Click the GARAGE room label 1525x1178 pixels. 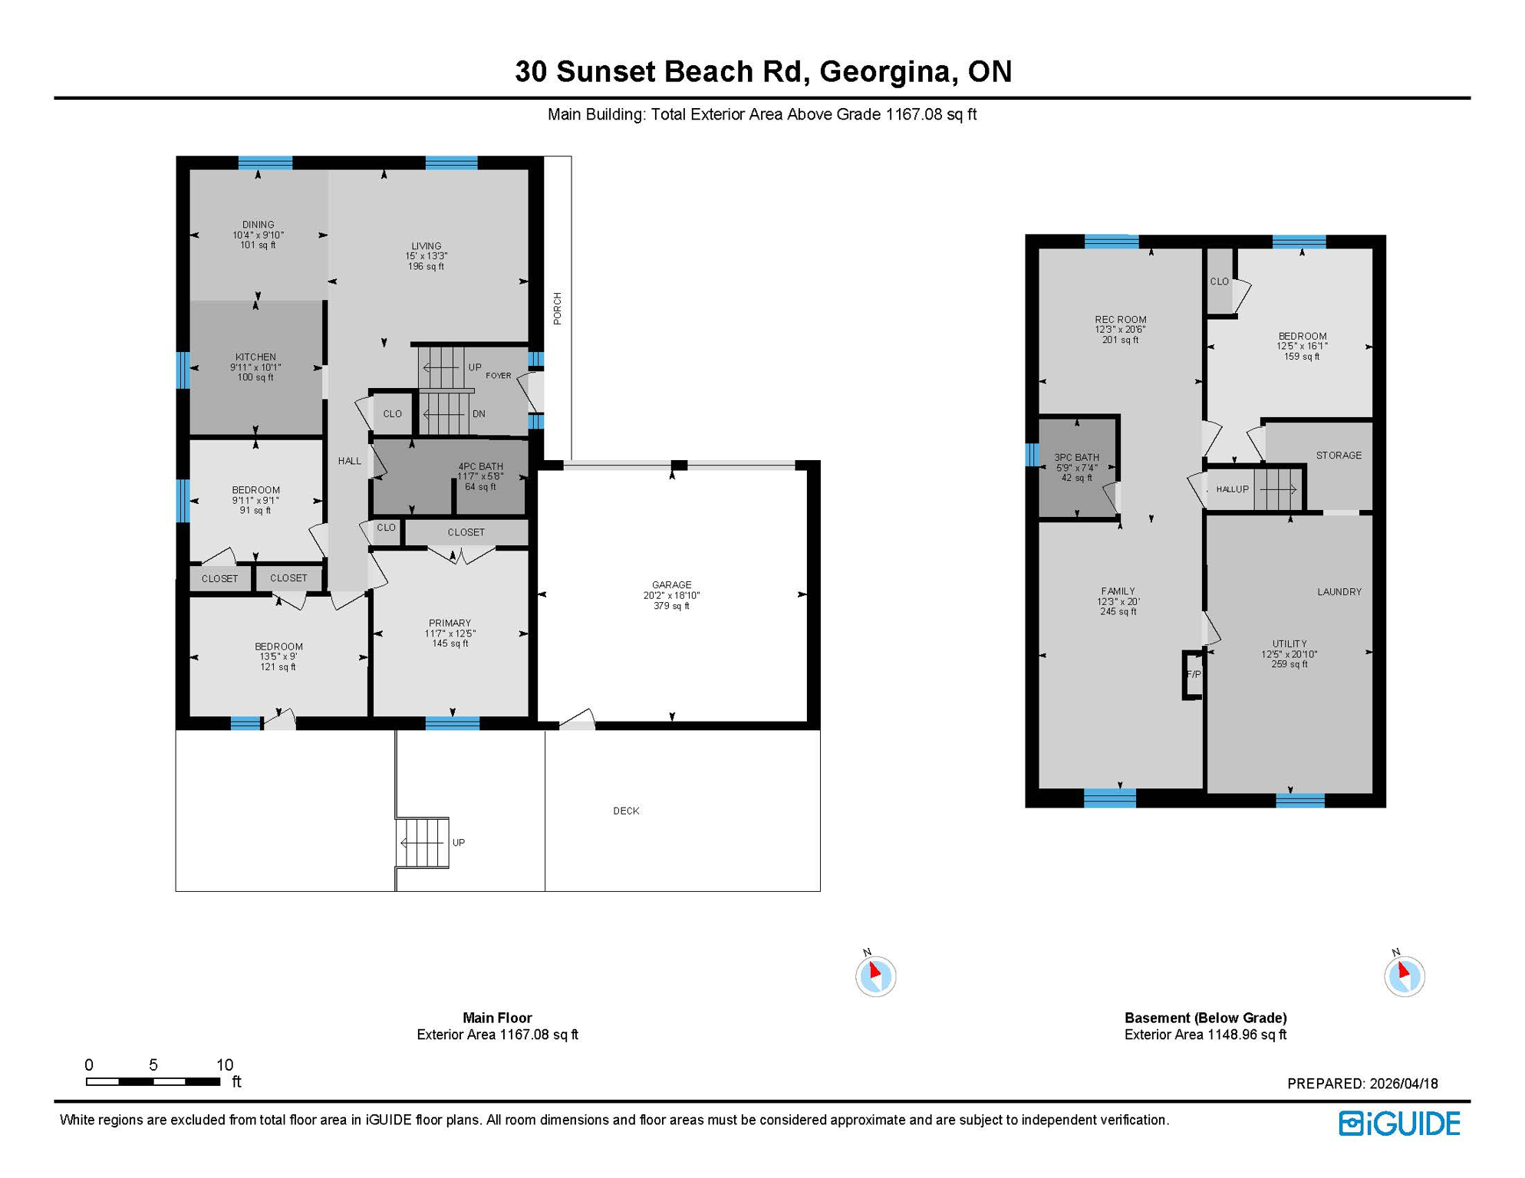pos(671,585)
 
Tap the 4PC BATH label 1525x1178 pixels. pos(480,466)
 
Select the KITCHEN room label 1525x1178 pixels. pos(255,357)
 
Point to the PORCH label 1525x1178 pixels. pos(558,308)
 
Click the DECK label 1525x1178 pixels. pos(626,811)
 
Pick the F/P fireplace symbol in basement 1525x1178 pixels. pos(1193,675)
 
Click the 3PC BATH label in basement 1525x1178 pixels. pos(1076,458)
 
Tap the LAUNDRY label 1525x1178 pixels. pos(1339,592)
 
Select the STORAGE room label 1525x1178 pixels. pos(1339,456)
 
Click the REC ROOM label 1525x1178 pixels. pos(1120,320)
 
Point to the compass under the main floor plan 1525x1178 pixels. pos(875,976)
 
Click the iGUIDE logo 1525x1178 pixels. pos(1399,1124)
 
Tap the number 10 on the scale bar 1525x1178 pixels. pos(224,1064)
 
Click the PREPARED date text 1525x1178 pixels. pos(1362,1084)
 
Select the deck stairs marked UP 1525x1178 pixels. pos(423,842)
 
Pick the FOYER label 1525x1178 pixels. pos(498,376)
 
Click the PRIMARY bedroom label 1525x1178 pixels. pos(450,624)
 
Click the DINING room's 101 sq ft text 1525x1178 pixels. pos(258,245)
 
